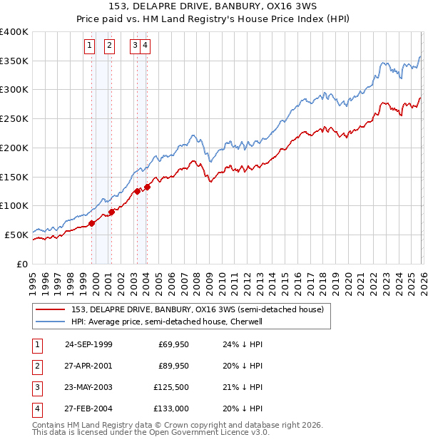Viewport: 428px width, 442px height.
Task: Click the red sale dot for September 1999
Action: (92, 223)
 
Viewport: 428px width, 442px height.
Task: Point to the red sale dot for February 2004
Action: (147, 187)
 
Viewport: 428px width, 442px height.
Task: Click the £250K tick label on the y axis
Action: (14, 119)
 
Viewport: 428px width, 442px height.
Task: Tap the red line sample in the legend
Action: (50, 309)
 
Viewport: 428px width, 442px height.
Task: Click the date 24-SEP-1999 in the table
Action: (88, 344)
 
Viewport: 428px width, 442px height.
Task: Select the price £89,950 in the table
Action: (173, 366)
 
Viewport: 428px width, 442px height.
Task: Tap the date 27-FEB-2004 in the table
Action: (88, 408)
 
